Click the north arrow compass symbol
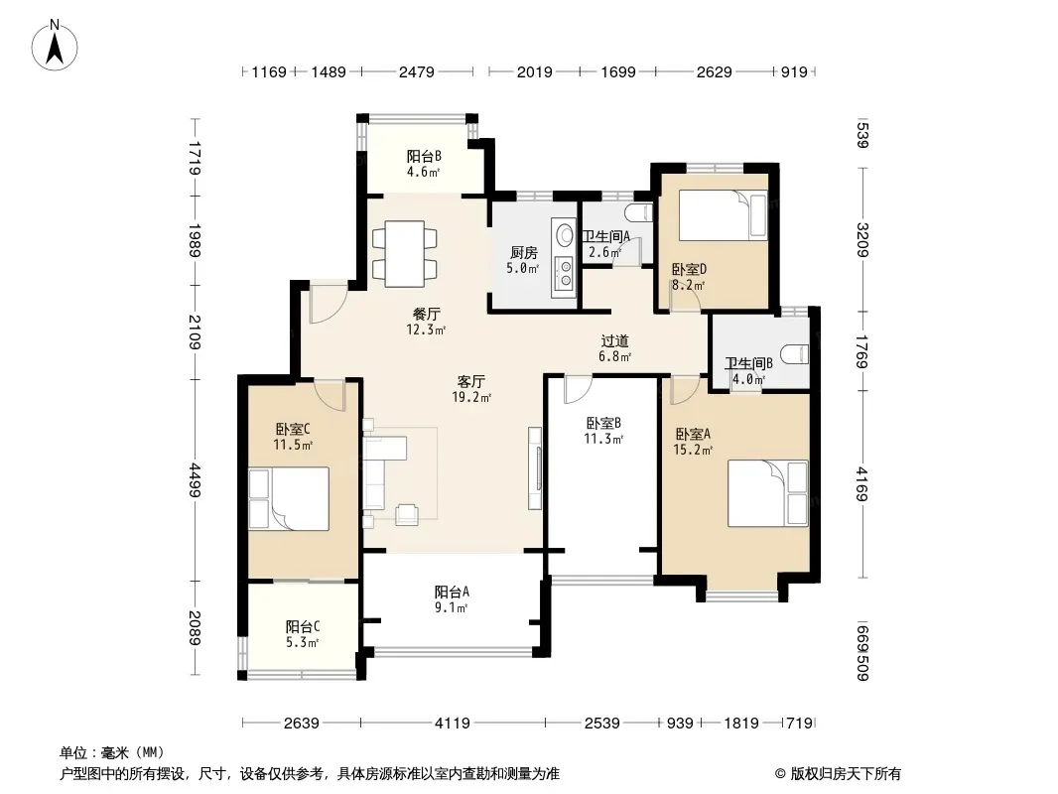(x=55, y=46)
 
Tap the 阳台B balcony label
(x=424, y=157)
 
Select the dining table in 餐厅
(x=404, y=253)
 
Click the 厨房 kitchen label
(x=524, y=253)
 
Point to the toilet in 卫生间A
(x=639, y=213)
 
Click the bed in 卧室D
(x=723, y=214)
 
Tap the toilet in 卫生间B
(x=794, y=354)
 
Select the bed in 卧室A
(x=768, y=493)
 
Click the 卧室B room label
(x=603, y=424)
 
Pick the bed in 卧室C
(x=289, y=498)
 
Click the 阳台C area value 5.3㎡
(x=302, y=643)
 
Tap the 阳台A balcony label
(x=452, y=593)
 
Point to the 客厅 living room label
(x=471, y=382)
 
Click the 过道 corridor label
(x=614, y=340)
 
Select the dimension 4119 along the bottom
(x=452, y=724)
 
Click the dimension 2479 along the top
(x=416, y=71)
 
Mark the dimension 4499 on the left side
(x=195, y=479)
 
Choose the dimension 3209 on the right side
(x=862, y=239)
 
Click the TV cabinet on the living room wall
(x=535, y=467)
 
